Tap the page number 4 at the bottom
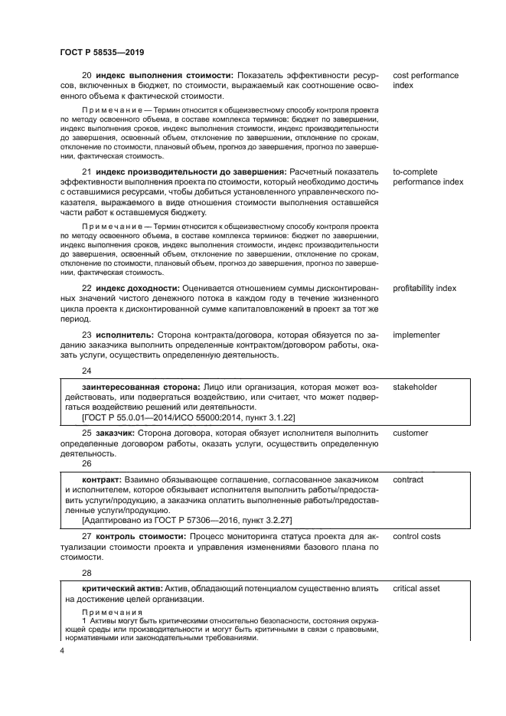(x=62, y=651)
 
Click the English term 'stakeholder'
(x=415, y=387)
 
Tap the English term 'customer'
(x=410, y=433)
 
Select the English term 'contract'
(x=408, y=479)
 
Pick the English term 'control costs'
(x=416, y=536)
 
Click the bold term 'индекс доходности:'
(x=135, y=288)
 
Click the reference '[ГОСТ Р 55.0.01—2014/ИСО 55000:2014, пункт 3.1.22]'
(x=188, y=417)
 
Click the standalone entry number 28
(x=87, y=571)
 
